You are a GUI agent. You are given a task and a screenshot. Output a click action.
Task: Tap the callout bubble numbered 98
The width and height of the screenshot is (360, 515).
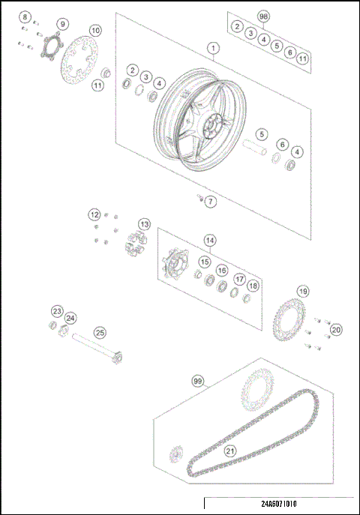[x=263, y=16]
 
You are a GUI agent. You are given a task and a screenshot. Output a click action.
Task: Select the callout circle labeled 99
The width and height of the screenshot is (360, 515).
[x=198, y=382]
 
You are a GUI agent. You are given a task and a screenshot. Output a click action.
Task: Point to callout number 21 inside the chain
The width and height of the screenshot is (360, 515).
[x=230, y=451]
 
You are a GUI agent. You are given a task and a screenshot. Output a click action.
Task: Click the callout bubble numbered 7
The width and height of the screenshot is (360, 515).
[x=211, y=202]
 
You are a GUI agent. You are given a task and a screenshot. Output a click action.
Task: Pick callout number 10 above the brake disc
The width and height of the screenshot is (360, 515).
[x=95, y=31]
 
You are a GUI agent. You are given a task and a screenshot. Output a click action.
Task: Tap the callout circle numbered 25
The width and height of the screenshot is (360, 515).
[x=99, y=332]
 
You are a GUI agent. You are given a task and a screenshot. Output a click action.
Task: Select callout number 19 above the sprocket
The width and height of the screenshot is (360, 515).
[x=303, y=291]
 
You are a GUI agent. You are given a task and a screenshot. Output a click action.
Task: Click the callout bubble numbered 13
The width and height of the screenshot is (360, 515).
[x=143, y=223]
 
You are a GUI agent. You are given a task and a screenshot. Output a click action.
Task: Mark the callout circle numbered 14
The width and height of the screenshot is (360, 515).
[x=210, y=241]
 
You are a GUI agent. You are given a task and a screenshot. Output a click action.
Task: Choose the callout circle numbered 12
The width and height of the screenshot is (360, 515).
[x=94, y=214]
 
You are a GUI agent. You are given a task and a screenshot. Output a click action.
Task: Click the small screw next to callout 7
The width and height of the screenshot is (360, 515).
[x=199, y=198]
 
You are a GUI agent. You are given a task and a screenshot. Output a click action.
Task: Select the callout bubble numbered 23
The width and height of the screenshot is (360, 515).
[x=57, y=311]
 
